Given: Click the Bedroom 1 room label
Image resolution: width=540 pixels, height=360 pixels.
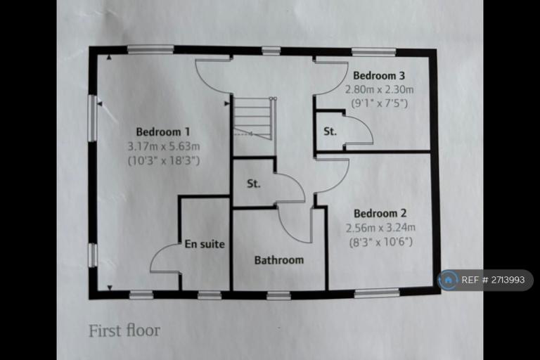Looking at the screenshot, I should click(162, 131).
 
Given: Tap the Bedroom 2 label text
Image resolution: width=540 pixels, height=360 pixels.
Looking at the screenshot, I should click(380, 213).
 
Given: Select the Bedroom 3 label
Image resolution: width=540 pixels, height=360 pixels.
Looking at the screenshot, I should click(380, 75).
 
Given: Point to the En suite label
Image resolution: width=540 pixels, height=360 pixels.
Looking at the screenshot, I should click(205, 245).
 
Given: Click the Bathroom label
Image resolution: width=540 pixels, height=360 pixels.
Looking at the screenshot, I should click(279, 260).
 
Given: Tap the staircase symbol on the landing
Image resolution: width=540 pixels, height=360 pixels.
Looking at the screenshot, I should click(252, 117).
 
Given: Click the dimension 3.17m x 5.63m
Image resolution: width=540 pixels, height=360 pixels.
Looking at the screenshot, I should click(163, 146).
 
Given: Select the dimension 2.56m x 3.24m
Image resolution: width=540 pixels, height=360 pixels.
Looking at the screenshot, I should click(380, 227).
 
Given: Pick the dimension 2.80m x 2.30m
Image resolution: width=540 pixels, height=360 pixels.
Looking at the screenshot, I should click(380, 89).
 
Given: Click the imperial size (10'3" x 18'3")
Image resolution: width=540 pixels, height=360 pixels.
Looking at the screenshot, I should click(163, 160).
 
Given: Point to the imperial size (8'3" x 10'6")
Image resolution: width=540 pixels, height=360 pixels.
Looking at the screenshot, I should click(380, 242).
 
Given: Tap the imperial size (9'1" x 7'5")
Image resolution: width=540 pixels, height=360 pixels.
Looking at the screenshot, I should click(380, 103).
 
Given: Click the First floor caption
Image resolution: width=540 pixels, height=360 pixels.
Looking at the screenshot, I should click(124, 330).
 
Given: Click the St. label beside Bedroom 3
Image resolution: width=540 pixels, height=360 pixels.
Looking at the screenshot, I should click(330, 131).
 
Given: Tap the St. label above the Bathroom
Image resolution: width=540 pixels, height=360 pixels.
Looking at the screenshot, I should click(254, 184).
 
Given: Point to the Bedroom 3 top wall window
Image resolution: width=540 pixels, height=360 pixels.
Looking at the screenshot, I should click(373, 51).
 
